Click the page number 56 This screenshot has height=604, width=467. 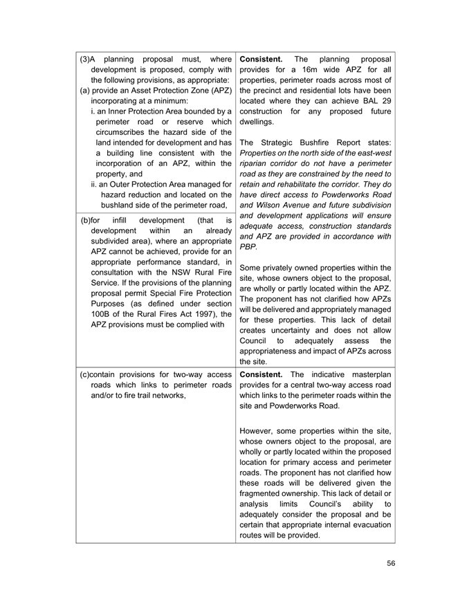(x=391, y=563)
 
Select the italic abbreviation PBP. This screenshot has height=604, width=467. (x=248, y=246)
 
